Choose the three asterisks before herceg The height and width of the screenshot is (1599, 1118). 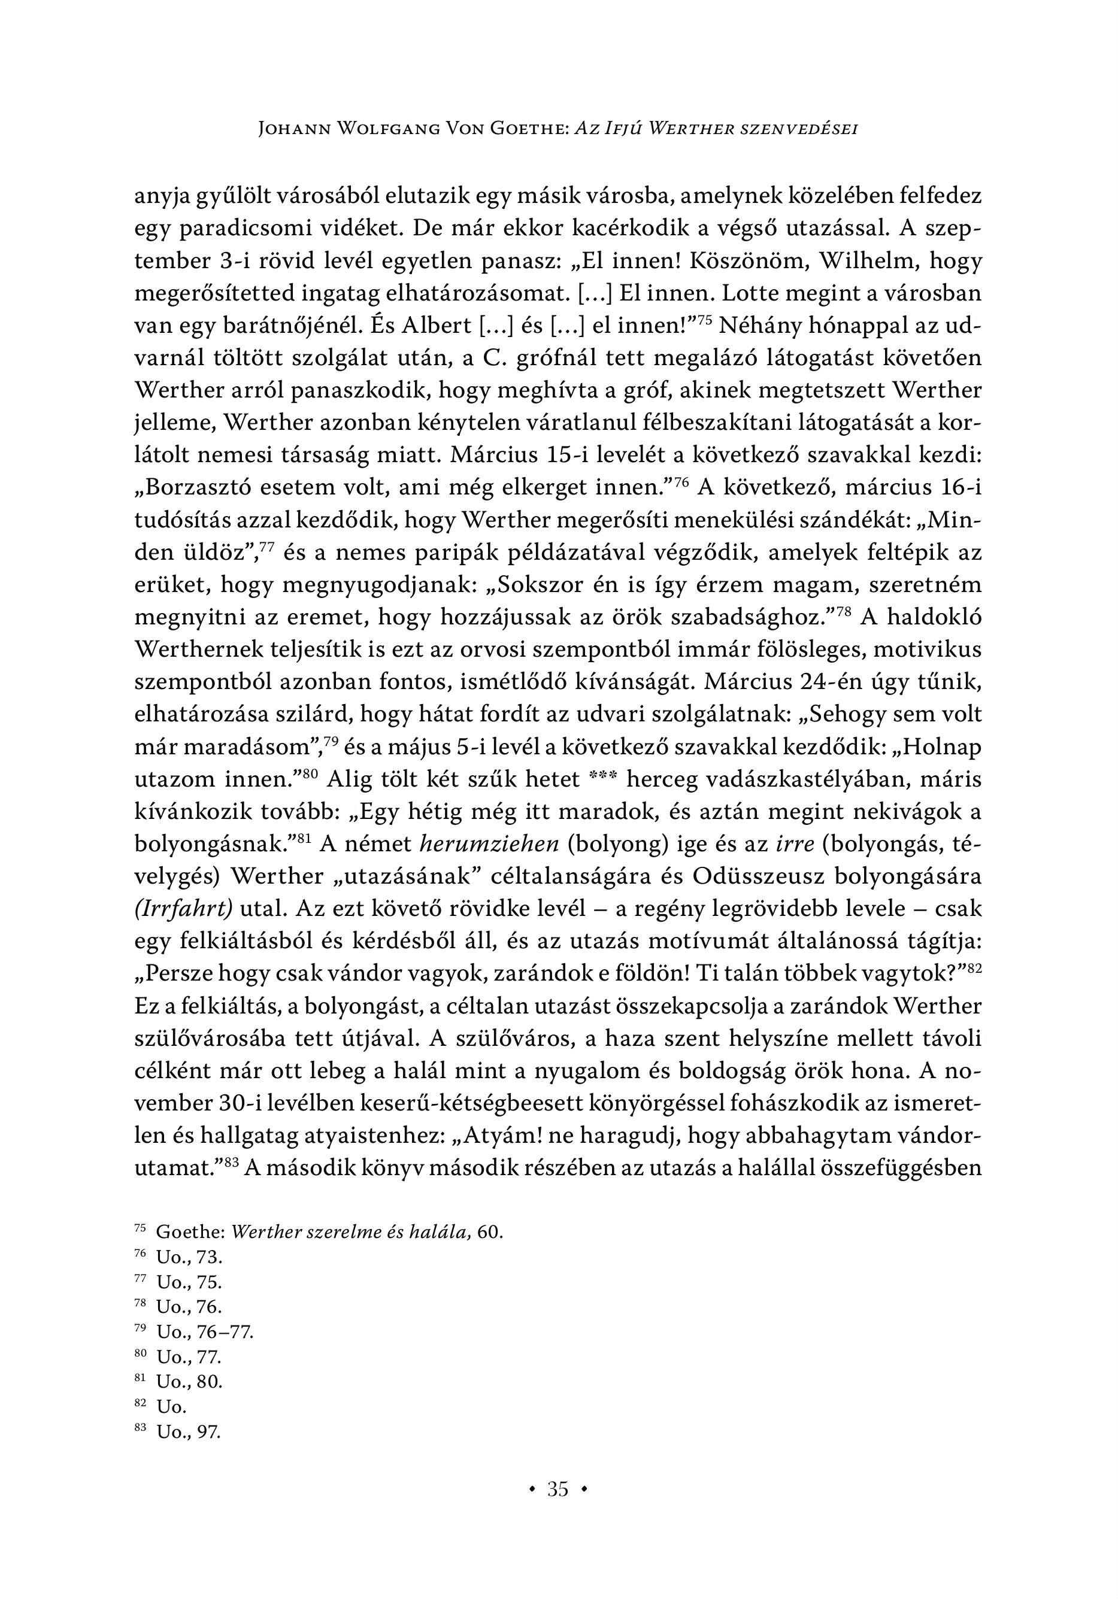click(x=602, y=779)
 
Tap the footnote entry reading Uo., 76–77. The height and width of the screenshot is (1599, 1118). click(x=204, y=1332)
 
